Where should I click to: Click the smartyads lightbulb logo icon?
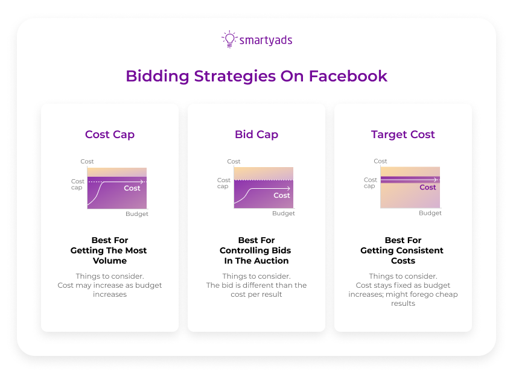click(x=229, y=39)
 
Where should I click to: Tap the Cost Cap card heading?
click(x=110, y=135)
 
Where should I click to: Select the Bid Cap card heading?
click(x=256, y=135)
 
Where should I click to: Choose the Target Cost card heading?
click(x=403, y=135)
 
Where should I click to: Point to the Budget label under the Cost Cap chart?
click(x=137, y=214)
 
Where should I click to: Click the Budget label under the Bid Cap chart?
click(x=284, y=214)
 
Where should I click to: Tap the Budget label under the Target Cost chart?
click(x=430, y=213)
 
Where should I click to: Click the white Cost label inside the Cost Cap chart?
click(x=132, y=188)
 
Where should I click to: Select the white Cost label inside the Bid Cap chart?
click(x=282, y=195)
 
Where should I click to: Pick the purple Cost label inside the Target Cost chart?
click(x=428, y=187)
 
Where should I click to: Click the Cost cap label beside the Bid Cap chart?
click(x=224, y=183)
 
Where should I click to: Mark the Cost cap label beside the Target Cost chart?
click(x=371, y=183)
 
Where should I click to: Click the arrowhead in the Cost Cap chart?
click(x=142, y=182)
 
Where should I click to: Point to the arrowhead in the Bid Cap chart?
click(x=289, y=189)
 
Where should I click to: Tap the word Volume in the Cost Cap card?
click(x=110, y=261)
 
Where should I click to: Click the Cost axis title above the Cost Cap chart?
click(x=88, y=162)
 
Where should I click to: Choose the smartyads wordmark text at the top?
click(x=266, y=40)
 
